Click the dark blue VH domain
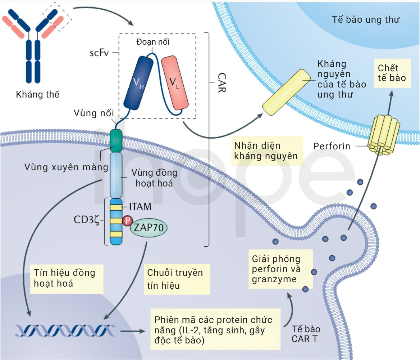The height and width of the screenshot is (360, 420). tap(138, 83)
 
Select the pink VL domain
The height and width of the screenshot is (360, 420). tap(175, 83)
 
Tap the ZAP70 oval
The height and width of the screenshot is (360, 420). tap(149, 228)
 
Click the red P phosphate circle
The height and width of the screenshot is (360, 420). tap(128, 221)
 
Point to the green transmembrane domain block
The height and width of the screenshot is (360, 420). tap(116, 140)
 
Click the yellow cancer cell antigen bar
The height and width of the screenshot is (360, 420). tap(286, 92)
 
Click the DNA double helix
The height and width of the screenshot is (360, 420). tap(65, 330)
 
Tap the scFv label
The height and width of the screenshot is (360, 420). tap(99, 53)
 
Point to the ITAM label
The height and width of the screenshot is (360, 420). tap(140, 207)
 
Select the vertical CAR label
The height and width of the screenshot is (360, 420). tap(222, 83)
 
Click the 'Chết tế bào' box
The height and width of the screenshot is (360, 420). tap(392, 73)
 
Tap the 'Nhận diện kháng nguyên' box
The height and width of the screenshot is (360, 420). tap(267, 151)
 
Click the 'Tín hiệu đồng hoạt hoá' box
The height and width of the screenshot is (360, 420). tap(67, 279)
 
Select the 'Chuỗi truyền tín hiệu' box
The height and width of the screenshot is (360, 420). tap(177, 279)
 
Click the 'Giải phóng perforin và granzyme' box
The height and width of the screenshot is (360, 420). tap(281, 269)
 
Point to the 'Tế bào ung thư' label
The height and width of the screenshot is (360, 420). tap(366, 19)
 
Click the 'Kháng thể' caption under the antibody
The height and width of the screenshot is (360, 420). tap(37, 94)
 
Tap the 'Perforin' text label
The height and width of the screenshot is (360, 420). tap(332, 146)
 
